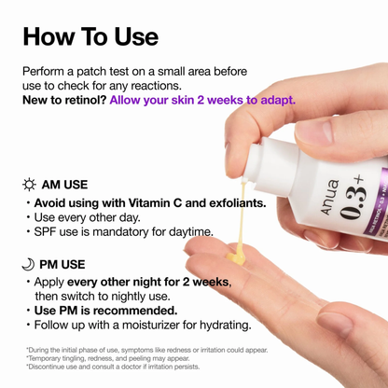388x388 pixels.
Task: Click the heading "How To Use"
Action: click(x=90, y=36)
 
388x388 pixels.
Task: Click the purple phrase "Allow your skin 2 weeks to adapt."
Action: click(x=202, y=99)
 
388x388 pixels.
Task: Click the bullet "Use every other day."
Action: click(x=87, y=217)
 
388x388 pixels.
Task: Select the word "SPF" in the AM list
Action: click(x=48, y=232)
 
